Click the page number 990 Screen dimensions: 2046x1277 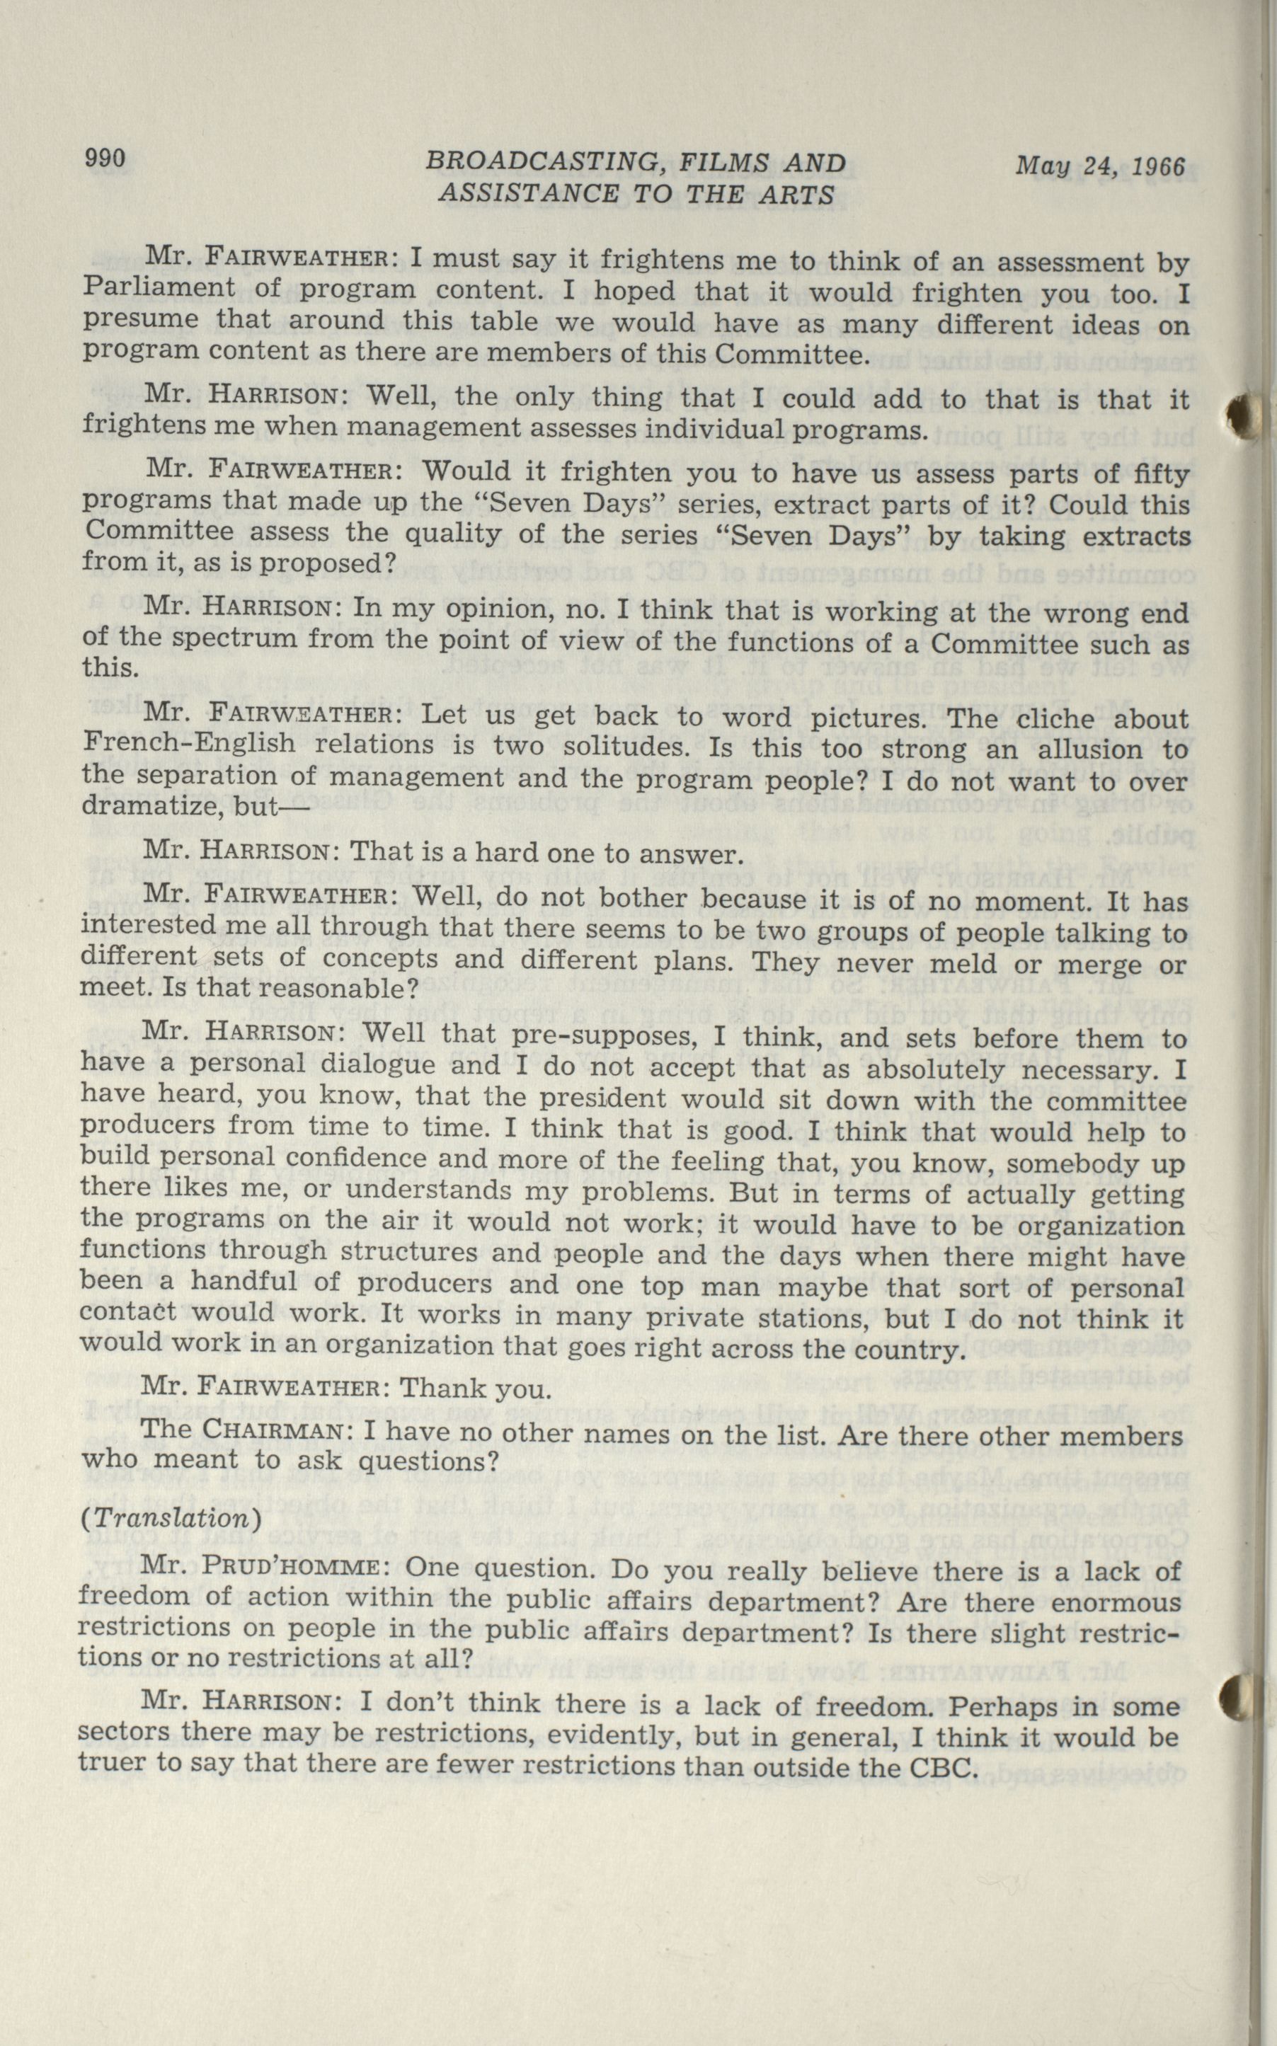pos(105,158)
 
